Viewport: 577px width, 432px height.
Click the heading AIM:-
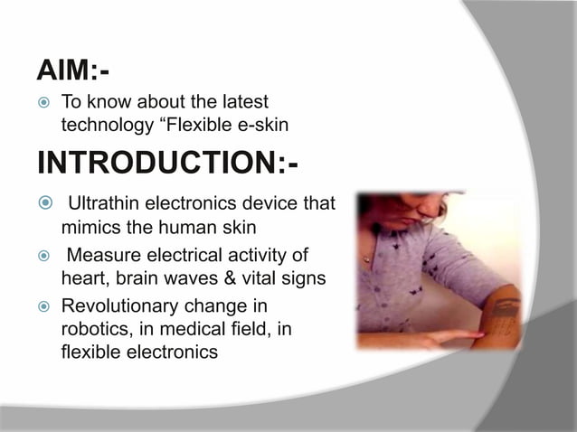(x=73, y=69)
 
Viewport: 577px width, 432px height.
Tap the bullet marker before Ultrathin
(x=43, y=202)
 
